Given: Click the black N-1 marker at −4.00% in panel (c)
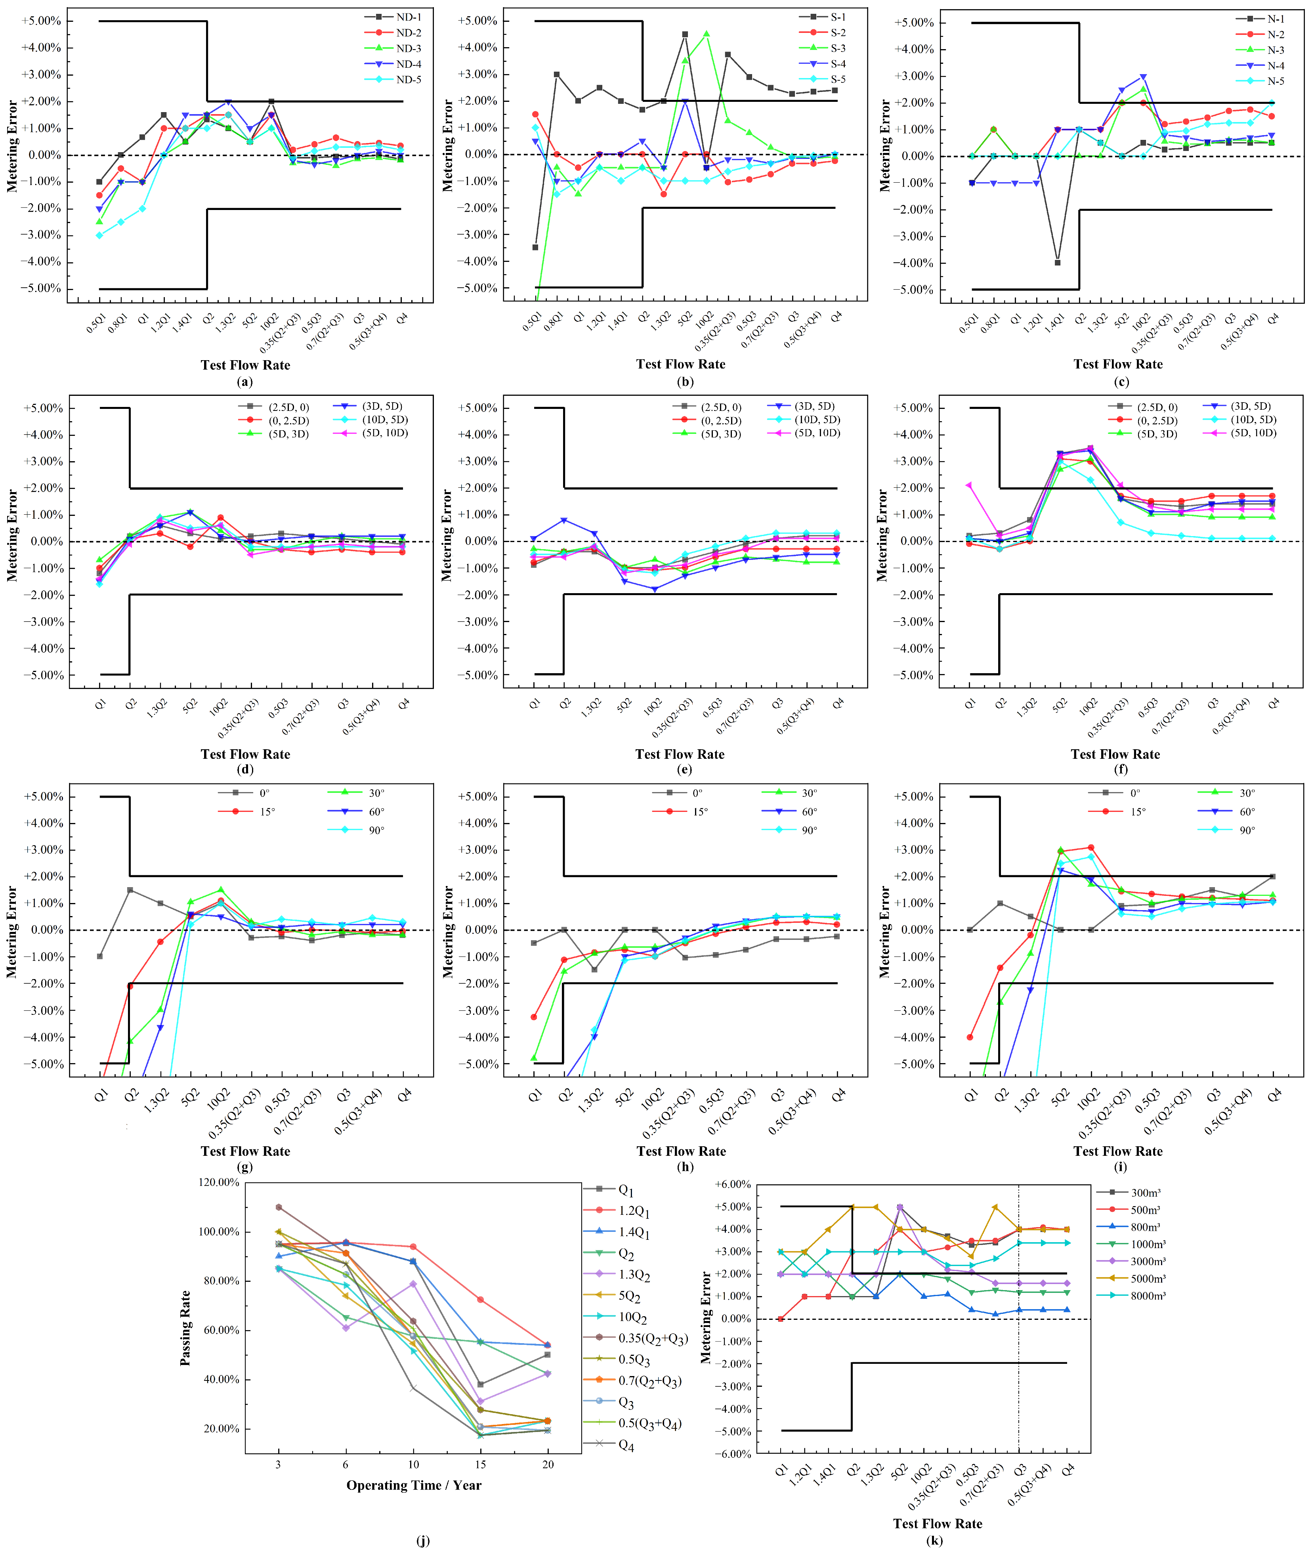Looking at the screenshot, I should [1057, 262].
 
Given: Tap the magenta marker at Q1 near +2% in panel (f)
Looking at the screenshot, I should [968, 485].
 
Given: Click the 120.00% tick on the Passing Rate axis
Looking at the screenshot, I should [218, 1182].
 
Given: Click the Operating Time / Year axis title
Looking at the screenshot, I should [414, 1485].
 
